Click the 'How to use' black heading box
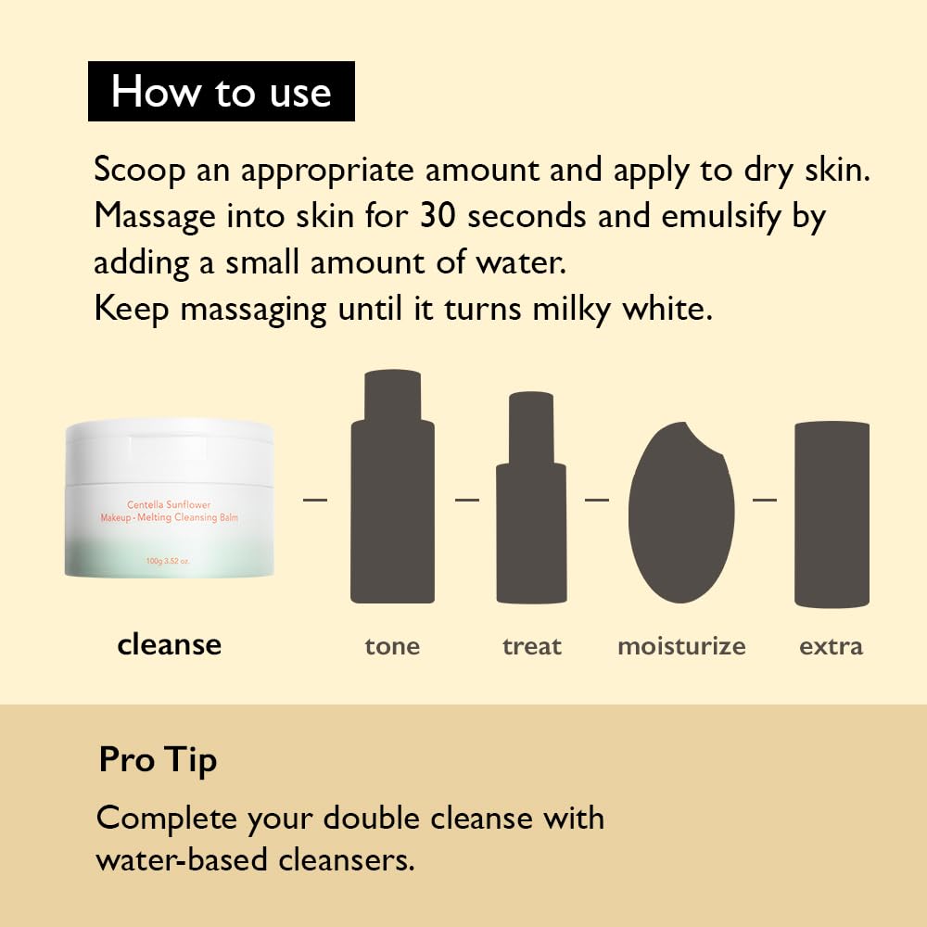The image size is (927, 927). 221,92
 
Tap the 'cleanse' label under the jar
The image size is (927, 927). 169,644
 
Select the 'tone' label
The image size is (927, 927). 392,646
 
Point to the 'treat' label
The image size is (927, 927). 532,646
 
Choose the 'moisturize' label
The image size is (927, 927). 681,646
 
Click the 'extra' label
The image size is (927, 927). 831,646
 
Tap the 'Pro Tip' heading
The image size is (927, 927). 158,760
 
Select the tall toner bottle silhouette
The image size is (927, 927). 392,491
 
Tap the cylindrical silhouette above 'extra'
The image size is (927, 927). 832,514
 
